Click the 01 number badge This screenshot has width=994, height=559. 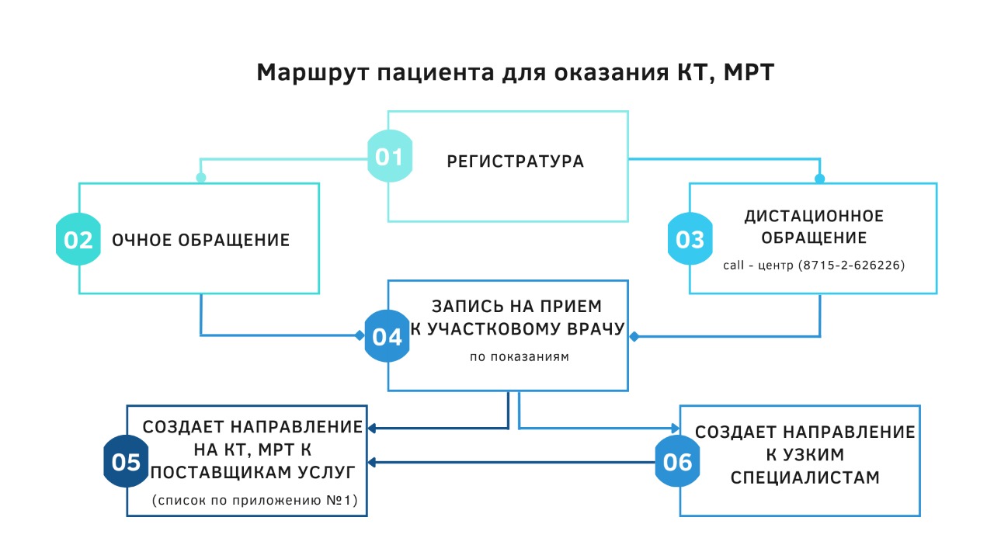[x=390, y=156]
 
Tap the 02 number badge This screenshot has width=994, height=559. [x=78, y=239]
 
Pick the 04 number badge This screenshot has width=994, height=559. [x=387, y=336]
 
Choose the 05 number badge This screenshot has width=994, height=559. [x=126, y=461]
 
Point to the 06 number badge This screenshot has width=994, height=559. [x=678, y=461]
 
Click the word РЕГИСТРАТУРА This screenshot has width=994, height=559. [x=515, y=161]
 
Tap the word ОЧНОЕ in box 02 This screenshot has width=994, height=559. [x=142, y=240]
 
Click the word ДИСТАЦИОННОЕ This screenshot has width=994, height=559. [x=814, y=216]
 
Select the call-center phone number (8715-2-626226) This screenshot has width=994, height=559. [x=852, y=265]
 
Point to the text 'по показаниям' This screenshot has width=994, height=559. [x=520, y=356]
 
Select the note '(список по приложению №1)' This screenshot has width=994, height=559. [x=255, y=500]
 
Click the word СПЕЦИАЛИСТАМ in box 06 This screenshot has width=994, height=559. [x=805, y=477]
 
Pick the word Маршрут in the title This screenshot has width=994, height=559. [x=312, y=72]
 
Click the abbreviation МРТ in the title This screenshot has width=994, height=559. [x=749, y=72]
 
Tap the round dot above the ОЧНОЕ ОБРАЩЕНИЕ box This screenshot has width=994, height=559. [x=201, y=178]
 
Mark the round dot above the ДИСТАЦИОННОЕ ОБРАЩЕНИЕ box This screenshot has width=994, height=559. [x=819, y=179]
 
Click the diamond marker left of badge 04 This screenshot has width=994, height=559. [x=360, y=335]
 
